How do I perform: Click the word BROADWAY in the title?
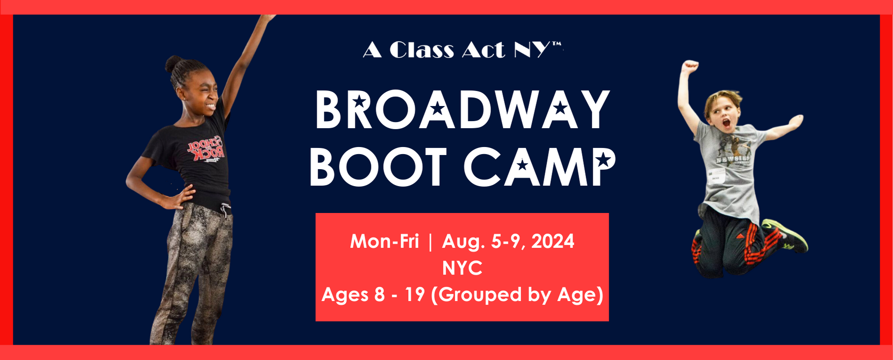pyautogui.click(x=463, y=109)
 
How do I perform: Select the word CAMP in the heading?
pyautogui.click(x=540, y=167)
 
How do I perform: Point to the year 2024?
pyautogui.click(x=553, y=241)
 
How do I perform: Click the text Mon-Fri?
pyautogui.click(x=384, y=241)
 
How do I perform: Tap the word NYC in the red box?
pyautogui.click(x=462, y=268)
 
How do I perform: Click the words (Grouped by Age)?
pyautogui.click(x=517, y=295)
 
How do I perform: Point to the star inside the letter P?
pyautogui.click(x=603, y=160)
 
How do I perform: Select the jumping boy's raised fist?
pyautogui.click(x=690, y=66)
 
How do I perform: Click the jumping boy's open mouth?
pyautogui.click(x=726, y=124)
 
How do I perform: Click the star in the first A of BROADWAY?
pyautogui.click(x=438, y=109)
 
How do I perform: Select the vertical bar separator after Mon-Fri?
pyautogui.click(x=430, y=242)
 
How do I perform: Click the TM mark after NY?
pyautogui.click(x=557, y=44)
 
